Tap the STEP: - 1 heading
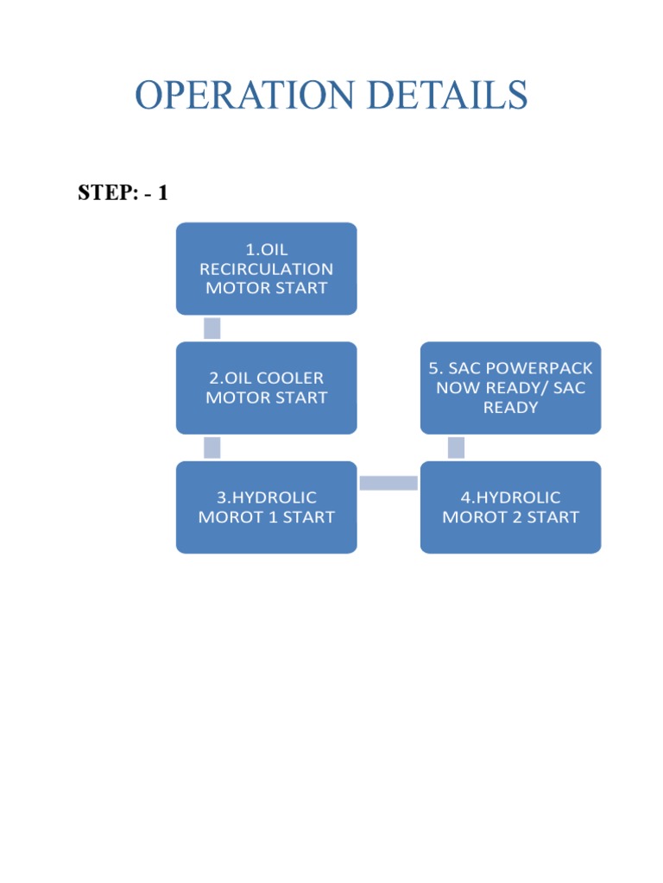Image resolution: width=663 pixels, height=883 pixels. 123,193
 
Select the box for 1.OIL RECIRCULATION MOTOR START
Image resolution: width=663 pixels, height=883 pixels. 266,268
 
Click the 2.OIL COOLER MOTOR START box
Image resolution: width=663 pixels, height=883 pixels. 266,388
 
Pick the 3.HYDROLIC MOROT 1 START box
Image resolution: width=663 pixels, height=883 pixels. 266,507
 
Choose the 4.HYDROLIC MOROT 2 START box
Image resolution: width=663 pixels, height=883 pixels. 510,507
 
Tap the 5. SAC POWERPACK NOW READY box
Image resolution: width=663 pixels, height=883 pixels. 510,388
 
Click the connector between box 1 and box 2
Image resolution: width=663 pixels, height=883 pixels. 212,329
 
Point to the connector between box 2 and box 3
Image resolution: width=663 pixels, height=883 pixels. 212,448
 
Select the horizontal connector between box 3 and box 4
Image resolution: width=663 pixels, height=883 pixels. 388,483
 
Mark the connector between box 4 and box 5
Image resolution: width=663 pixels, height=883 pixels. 457,448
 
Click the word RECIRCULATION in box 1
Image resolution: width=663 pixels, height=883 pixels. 267,269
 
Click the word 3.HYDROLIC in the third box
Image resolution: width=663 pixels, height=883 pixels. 267,498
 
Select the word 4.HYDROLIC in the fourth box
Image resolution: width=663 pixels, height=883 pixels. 511,498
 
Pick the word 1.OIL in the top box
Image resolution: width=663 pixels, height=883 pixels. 267,250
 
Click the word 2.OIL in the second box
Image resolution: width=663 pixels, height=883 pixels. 230,379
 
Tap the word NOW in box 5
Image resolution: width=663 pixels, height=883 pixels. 457,388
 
